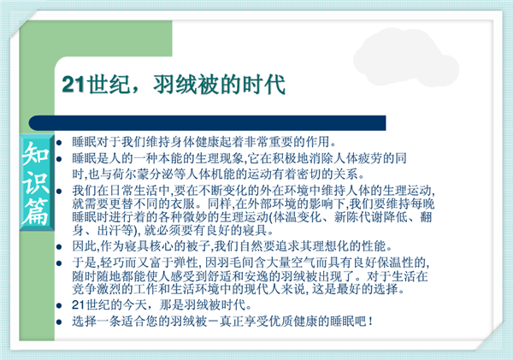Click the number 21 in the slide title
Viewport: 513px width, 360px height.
(x=74, y=85)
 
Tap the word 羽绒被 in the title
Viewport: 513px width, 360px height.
(x=186, y=85)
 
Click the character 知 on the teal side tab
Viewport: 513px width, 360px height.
(x=35, y=153)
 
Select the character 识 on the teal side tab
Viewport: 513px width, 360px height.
(x=35, y=182)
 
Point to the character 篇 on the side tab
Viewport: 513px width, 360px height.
(x=35, y=211)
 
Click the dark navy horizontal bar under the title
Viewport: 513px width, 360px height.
(x=208, y=123)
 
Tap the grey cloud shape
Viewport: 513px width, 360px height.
(x=405, y=58)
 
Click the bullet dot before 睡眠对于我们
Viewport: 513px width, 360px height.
(x=59, y=143)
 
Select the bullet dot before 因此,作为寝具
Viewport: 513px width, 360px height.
(x=59, y=247)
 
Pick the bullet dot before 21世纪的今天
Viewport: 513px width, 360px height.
(x=59, y=306)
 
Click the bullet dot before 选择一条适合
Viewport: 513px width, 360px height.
(x=59, y=322)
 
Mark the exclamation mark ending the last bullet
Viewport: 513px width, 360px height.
(x=370, y=322)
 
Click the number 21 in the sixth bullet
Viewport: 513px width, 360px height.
(x=79, y=305)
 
